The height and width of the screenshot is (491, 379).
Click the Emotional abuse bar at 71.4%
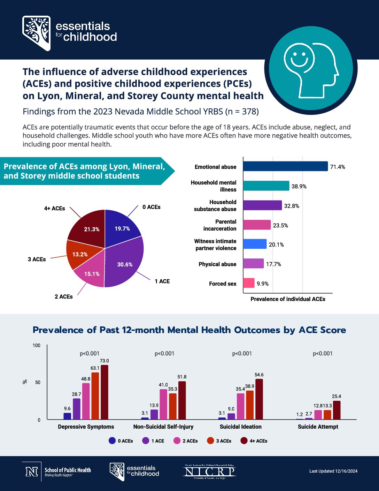(x=285, y=166)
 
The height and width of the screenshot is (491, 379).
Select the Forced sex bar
(x=249, y=283)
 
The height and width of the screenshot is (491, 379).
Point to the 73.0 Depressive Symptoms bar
(x=105, y=392)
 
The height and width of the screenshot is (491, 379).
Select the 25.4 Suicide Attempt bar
(x=337, y=410)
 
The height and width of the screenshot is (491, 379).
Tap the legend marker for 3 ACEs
(x=210, y=441)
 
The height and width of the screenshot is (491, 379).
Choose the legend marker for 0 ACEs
(x=112, y=441)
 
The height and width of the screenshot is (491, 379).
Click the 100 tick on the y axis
(x=37, y=346)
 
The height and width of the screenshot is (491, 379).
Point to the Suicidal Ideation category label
(x=240, y=427)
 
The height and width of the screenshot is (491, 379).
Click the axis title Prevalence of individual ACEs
(x=288, y=299)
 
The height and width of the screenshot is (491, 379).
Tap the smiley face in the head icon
(x=296, y=55)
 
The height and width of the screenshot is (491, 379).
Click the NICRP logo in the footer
(x=210, y=472)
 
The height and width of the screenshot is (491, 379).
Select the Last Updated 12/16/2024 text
(x=333, y=471)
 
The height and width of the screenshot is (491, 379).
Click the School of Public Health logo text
(x=68, y=471)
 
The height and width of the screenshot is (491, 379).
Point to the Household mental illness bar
(x=266, y=186)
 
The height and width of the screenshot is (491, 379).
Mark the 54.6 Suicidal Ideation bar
(x=259, y=399)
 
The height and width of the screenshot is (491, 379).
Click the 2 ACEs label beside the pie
(x=64, y=297)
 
